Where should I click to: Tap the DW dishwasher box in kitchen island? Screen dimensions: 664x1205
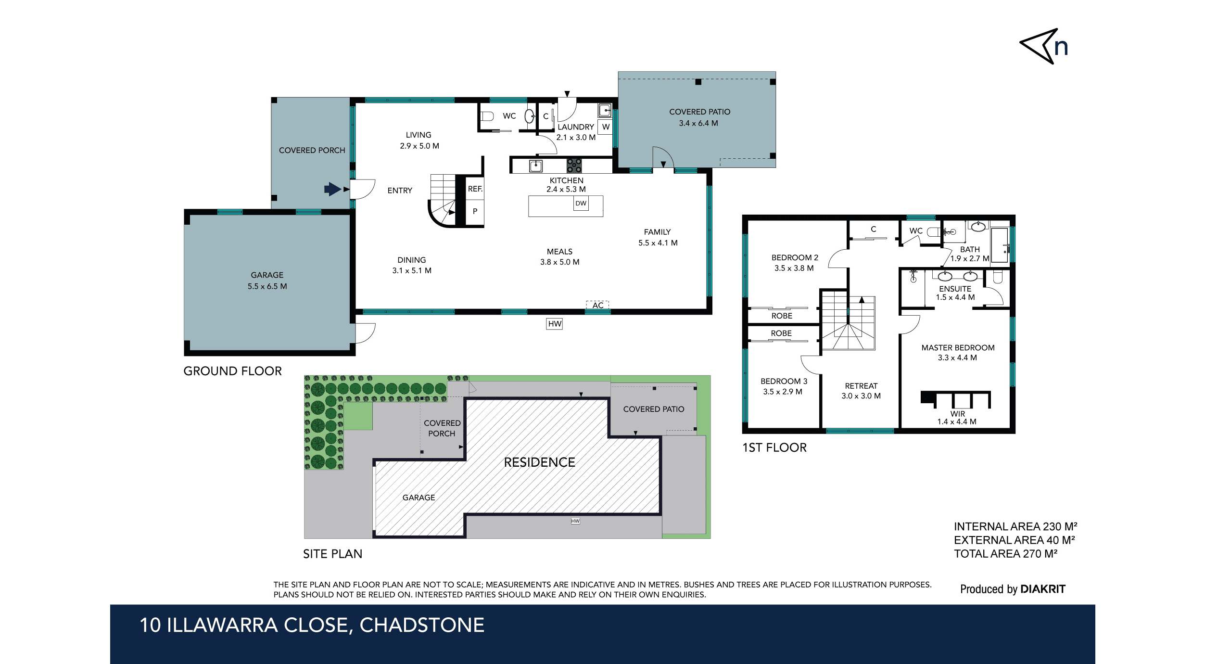[581, 204]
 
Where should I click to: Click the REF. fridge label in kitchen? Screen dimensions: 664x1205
[475, 189]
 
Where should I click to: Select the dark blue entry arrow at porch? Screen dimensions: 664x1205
[332, 189]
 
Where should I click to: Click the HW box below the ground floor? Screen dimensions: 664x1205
[554, 324]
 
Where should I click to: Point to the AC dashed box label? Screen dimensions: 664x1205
[597, 305]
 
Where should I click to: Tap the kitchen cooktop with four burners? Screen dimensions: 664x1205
[574, 166]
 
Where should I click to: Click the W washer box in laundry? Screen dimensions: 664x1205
[606, 127]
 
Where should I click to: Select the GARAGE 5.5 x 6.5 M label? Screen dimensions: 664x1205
[267, 281]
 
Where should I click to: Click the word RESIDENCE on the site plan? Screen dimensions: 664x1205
[539, 462]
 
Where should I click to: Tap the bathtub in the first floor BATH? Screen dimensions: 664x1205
[1000, 245]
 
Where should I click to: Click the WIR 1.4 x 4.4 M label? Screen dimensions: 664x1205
[957, 418]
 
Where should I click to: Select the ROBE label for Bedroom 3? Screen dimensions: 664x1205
[781, 333]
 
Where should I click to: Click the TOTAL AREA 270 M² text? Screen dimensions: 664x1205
[1005, 554]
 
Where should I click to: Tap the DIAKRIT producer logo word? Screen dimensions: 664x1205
[1042, 589]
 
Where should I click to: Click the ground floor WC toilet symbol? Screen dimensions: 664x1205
[487, 116]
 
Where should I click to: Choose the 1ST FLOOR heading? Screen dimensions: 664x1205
[774, 447]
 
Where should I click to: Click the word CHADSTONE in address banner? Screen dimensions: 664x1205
[422, 625]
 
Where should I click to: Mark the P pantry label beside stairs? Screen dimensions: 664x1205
[475, 211]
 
